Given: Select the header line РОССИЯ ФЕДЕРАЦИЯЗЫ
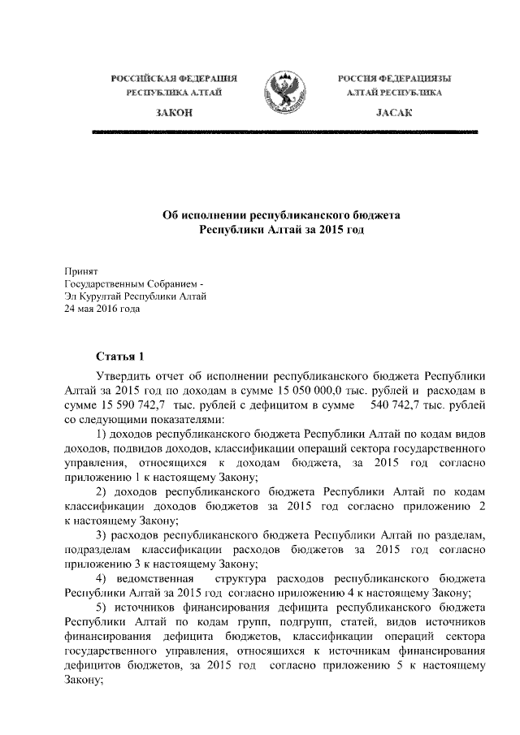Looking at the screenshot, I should (394, 78).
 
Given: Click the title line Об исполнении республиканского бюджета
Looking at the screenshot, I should (282, 215).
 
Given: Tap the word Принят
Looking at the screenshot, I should (80, 270).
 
